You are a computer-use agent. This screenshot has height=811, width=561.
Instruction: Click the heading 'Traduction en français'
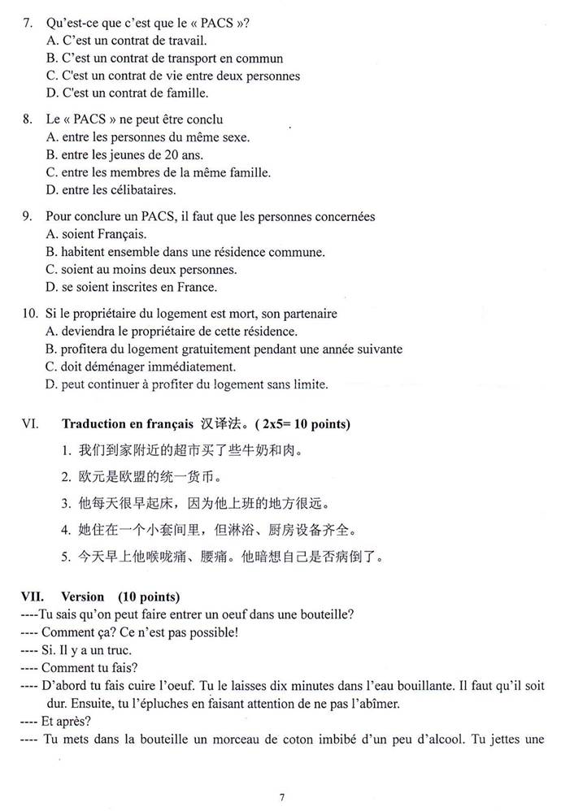pos(126,424)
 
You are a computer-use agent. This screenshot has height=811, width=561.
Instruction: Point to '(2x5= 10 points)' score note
pos(302,424)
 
